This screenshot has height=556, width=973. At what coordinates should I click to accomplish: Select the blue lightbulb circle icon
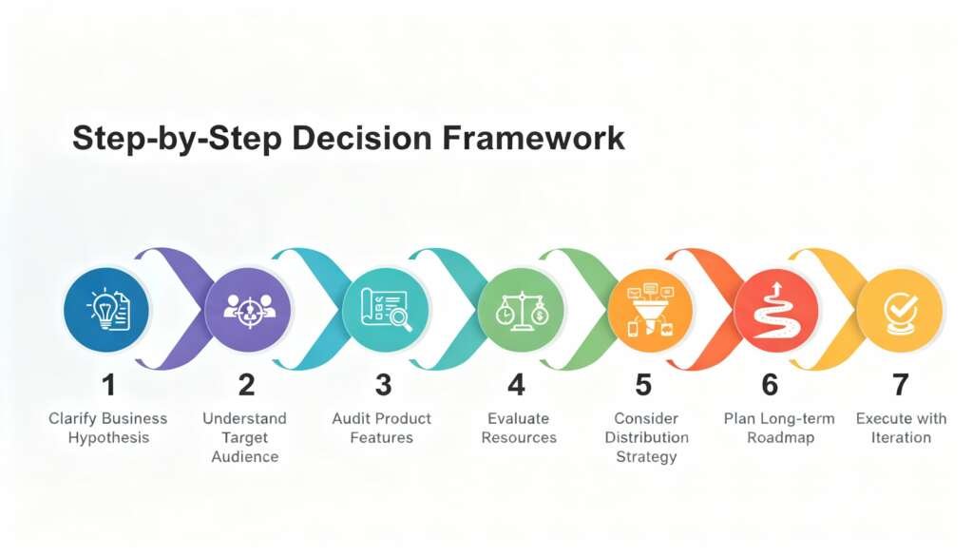107,309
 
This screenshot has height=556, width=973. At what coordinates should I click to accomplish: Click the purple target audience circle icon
247,309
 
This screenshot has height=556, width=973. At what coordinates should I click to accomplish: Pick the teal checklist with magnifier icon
385,309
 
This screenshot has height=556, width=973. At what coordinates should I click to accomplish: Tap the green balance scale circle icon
520,309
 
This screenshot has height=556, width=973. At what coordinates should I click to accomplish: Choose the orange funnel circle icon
650,309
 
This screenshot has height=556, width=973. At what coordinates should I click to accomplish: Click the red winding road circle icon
776,309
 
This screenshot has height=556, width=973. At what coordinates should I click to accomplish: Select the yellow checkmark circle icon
899,309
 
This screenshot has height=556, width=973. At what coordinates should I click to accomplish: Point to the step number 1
108,385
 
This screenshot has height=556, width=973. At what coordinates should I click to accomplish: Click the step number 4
517,385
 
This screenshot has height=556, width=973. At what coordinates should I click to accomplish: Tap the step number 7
900,385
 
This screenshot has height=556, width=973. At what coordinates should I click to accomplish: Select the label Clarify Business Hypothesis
108,428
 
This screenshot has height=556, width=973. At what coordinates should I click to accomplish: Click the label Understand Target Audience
244,437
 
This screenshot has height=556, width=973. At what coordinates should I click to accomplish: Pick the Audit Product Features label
381,428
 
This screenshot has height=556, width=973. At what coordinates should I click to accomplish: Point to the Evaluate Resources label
519,428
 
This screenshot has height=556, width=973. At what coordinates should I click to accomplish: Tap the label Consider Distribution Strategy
646,437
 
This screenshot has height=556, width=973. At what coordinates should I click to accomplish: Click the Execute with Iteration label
901,428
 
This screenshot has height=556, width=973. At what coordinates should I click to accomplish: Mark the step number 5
643,385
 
